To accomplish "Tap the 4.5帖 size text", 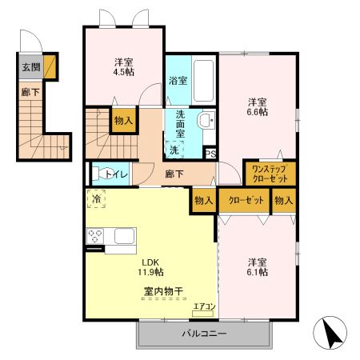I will (x=124, y=72).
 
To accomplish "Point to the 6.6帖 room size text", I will (x=258, y=112).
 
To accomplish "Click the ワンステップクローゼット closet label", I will (x=270, y=174).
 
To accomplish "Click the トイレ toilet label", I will (x=111, y=174).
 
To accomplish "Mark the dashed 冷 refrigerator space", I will (x=97, y=198).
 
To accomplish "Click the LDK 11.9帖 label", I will (x=152, y=267).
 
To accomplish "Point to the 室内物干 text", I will (x=162, y=291).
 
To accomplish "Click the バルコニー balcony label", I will (x=203, y=334).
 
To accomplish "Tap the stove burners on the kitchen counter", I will (x=96, y=236).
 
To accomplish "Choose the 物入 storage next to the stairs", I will (x=124, y=121).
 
